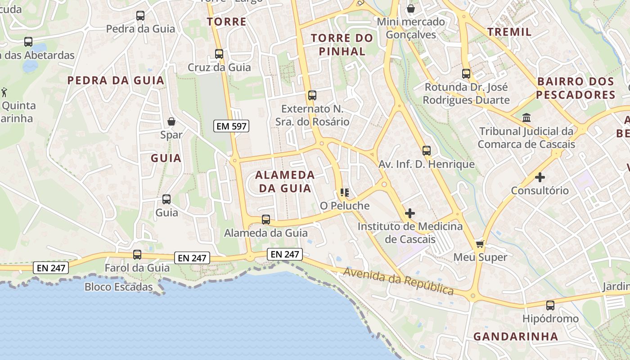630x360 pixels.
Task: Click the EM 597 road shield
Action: (232, 126)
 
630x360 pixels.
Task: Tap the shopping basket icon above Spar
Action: (171, 121)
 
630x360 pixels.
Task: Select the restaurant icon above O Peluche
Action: (345, 193)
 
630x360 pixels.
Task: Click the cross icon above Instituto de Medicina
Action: (410, 213)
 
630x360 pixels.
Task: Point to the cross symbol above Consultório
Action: (540, 177)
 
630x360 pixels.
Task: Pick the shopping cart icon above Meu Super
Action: (480, 244)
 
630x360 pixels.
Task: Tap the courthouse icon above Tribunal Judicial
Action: (526, 118)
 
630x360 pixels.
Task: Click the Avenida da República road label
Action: (399, 281)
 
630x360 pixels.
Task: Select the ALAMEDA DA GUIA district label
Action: (285, 181)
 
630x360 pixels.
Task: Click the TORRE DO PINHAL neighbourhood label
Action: (342, 45)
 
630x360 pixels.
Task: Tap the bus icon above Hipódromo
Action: (550, 306)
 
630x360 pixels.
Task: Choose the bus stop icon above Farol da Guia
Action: (137, 255)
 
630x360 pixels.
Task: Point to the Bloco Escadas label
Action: (119, 287)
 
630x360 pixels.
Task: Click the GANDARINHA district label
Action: (516, 336)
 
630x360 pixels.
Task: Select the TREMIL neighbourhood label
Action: (509, 32)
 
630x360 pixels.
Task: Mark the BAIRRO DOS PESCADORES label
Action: (576, 88)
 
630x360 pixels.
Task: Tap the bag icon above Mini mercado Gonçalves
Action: (411, 9)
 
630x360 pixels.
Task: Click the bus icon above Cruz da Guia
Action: (219, 54)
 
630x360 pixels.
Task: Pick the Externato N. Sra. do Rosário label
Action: (312, 115)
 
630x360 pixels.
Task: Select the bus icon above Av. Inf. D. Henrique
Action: (427, 151)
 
